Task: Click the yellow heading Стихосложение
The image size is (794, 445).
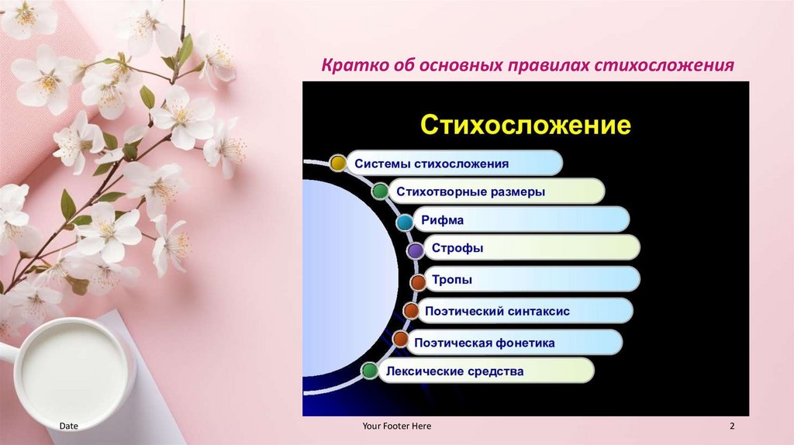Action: point(525,125)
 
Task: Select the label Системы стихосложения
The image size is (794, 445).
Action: point(432,164)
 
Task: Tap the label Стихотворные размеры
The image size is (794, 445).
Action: point(471,191)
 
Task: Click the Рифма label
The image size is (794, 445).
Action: point(443,220)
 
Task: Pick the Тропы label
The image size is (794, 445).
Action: point(451,279)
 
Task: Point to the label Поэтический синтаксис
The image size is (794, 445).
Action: point(497,311)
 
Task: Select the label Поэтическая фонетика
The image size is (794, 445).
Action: point(485,341)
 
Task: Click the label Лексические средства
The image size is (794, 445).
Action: point(454,371)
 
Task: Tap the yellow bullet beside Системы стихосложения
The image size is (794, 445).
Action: point(337,163)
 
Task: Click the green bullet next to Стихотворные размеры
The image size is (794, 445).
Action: point(380,191)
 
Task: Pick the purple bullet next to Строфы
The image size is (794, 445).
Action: point(416,250)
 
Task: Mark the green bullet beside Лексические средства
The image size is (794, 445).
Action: point(370,371)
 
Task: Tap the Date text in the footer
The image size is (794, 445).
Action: point(69,426)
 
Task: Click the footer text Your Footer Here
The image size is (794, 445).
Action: point(396,426)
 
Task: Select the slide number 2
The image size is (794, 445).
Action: point(732,426)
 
